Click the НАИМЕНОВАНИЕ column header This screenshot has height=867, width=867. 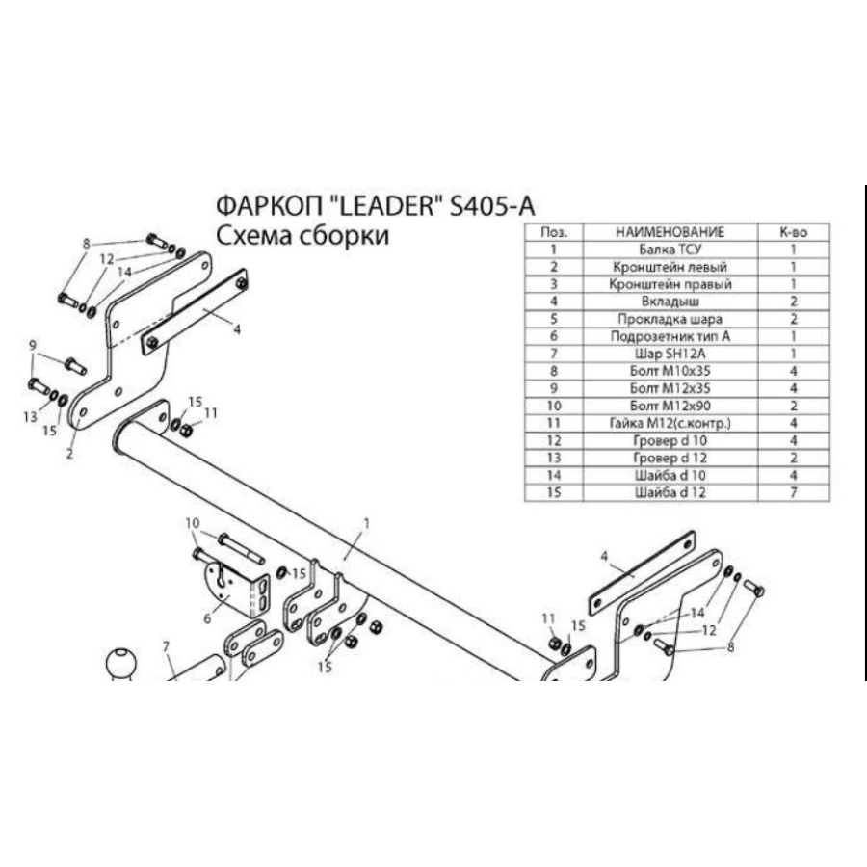point(669,232)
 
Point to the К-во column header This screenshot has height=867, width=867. point(792,232)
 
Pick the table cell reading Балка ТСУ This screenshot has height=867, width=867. point(669,250)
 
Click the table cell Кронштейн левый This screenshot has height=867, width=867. point(669,267)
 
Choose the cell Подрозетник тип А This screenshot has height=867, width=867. point(669,336)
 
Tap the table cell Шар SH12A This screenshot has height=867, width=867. point(669,354)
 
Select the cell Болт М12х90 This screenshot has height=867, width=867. point(669,406)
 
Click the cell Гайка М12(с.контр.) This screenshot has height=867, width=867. point(669,423)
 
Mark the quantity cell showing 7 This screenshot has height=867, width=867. point(792,492)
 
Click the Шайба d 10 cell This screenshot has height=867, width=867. point(669,475)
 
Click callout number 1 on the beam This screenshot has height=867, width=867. point(367,523)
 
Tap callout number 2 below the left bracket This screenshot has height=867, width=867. point(69,455)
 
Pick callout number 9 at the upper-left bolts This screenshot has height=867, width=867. point(32,346)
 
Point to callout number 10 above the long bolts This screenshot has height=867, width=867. point(193,523)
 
